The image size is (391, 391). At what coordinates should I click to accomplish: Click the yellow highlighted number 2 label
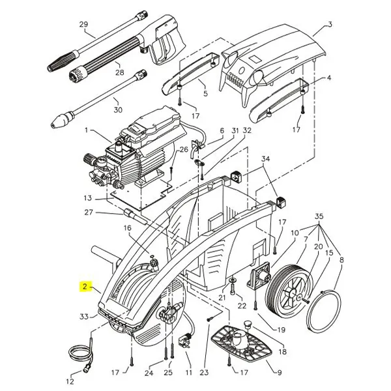(x=84, y=286)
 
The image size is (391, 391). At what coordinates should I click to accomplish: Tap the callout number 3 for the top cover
(x=330, y=25)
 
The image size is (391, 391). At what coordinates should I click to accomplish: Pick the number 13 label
(x=88, y=198)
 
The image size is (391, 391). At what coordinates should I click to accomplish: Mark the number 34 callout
(x=265, y=158)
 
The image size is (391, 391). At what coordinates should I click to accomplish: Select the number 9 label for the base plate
(x=280, y=373)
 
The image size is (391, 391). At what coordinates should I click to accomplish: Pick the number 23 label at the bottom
(x=203, y=373)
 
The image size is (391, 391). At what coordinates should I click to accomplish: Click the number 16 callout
(x=127, y=228)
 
